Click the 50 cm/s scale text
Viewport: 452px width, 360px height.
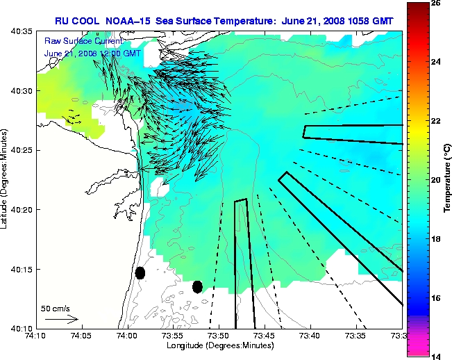(54, 308)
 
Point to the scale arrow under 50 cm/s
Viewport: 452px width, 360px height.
(61, 319)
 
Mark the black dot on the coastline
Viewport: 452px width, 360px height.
(140, 272)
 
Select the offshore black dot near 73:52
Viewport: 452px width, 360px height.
(197, 286)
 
